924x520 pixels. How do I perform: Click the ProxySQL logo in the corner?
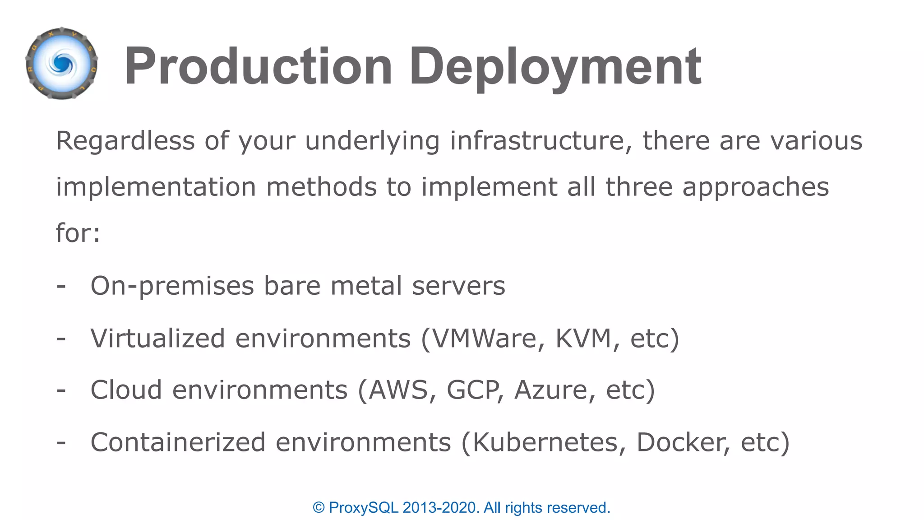[x=62, y=64]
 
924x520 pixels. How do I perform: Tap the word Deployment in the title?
[x=555, y=67]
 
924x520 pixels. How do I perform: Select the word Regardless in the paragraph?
[x=125, y=140]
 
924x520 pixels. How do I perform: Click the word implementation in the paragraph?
[x=156, y=187]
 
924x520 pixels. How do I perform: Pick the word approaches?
[x=755, y=187]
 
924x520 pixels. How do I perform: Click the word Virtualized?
[x=157, y=338]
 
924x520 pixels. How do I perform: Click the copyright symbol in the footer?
[x=319, y=508]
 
